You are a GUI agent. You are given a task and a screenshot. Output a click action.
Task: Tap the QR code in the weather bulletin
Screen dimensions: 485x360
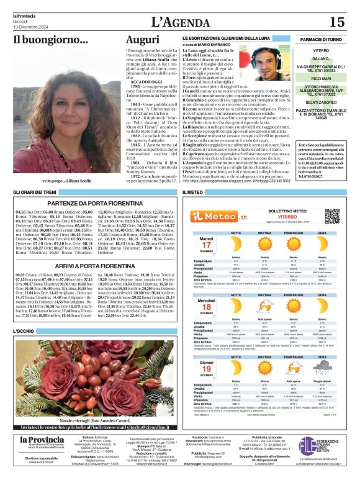332,216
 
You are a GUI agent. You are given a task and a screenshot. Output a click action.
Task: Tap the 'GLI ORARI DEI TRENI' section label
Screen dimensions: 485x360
36,193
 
